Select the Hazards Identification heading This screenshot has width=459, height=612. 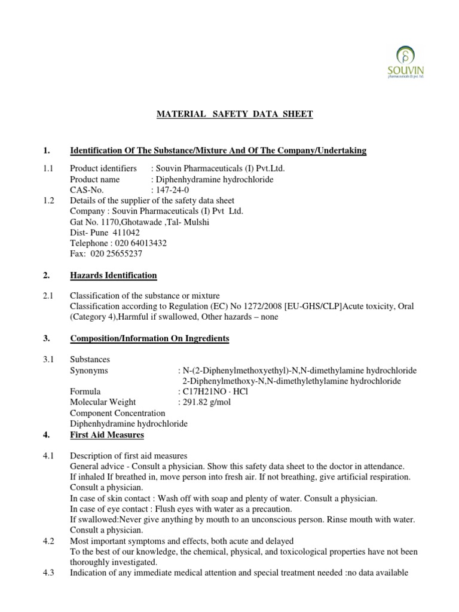[114, 276]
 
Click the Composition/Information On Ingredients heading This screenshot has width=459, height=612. [149, 338]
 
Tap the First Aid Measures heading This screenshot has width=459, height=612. [107, 434]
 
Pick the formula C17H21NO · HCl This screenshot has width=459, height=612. [209, 391]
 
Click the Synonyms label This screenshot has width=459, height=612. [89, 371]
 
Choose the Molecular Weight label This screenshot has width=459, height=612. [103, 402]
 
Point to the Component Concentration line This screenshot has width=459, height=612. [117, 413]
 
